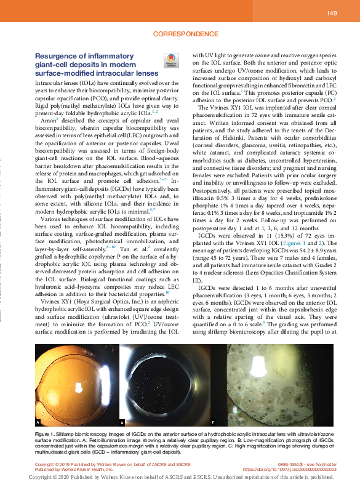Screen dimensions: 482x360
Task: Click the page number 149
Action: [x=331, y=13]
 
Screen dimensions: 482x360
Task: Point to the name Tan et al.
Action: [x=139, y=249]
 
